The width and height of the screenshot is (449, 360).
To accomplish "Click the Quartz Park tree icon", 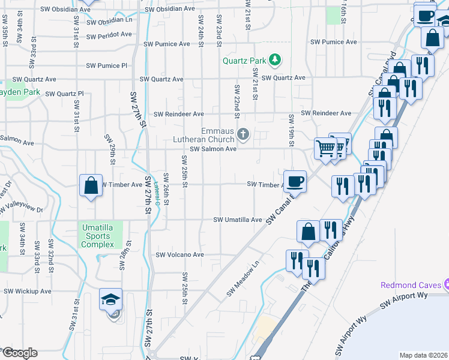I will pos(275,59).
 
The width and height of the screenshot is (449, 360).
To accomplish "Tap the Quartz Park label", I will pos(244,60).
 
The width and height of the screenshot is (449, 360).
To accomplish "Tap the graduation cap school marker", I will pos(111,299).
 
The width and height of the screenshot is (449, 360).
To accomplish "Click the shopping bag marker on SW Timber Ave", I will pos(90,185).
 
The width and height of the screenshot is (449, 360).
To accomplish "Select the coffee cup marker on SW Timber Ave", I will pos(295,181).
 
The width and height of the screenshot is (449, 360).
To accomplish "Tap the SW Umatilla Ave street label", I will pos(238,220).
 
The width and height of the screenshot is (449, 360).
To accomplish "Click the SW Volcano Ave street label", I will pos(180,255).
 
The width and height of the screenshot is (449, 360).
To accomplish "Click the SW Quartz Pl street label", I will pos(64,94).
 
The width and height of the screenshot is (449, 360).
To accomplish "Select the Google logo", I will pos(19,353).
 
